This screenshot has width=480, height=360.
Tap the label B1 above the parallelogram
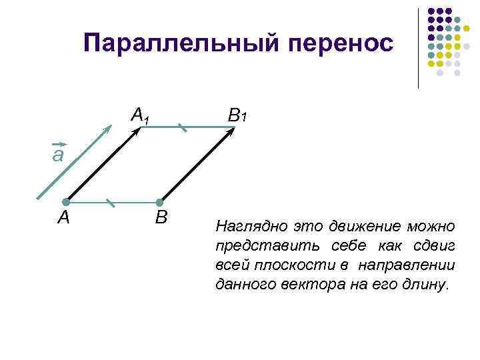coord(237,116)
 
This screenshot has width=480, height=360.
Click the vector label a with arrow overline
coord(58,154)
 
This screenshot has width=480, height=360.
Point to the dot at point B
coord(159,202)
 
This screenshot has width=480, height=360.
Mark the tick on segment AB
coord(112,201)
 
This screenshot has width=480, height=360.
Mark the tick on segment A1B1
coord(182,127)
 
